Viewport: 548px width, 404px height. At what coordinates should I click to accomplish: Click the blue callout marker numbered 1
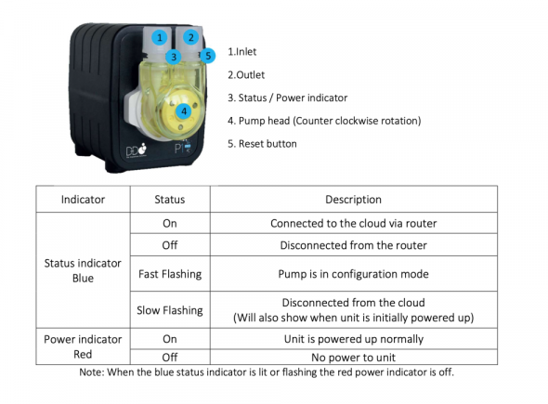160,37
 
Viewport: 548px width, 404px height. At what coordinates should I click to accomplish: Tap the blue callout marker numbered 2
190,37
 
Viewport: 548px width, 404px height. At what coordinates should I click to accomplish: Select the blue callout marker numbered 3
174,57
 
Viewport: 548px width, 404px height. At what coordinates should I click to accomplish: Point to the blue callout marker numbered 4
184,111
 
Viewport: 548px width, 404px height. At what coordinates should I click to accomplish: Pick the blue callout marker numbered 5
208,56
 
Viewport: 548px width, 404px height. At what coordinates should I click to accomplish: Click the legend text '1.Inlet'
241,52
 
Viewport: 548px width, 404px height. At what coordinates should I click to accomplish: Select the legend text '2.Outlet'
246,75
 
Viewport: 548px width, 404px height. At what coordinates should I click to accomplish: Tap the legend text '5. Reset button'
262,144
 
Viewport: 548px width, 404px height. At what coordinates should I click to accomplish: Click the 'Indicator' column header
83,199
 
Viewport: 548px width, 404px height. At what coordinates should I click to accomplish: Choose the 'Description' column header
353,199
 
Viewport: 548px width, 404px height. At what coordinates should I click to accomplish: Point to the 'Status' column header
170,199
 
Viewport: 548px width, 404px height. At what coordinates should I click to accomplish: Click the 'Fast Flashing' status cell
170,274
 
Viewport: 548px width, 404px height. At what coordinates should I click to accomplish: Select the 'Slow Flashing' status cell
170,310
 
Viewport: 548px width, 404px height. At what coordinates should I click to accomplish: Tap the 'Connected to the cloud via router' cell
353,223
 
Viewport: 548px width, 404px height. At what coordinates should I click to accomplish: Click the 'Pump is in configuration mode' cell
353,274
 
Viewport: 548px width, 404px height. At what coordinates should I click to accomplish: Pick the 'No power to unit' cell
353,358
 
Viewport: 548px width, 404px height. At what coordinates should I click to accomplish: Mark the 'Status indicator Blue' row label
83,270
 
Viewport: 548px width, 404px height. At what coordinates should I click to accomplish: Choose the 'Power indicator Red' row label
83,346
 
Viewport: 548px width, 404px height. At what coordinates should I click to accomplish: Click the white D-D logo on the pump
137,150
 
